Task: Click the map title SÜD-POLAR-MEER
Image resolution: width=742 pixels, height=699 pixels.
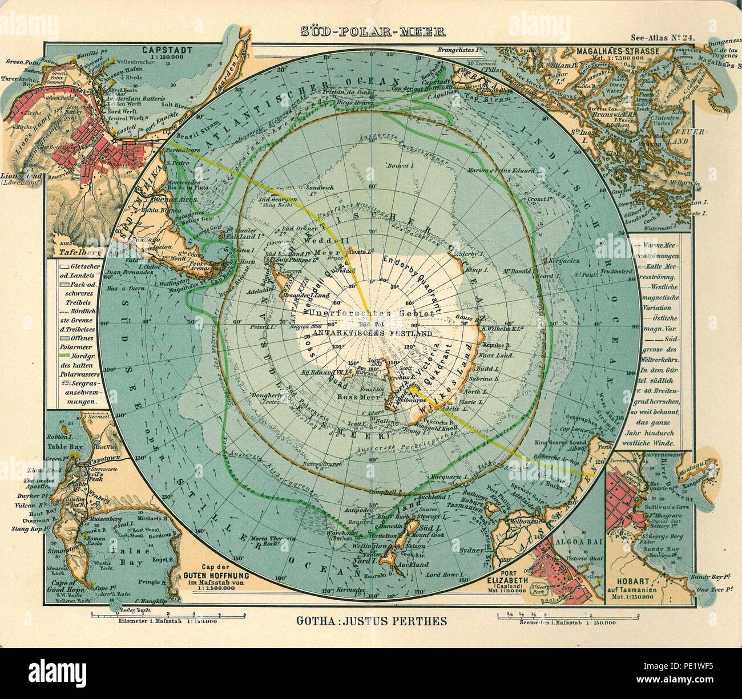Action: point(370,32)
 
